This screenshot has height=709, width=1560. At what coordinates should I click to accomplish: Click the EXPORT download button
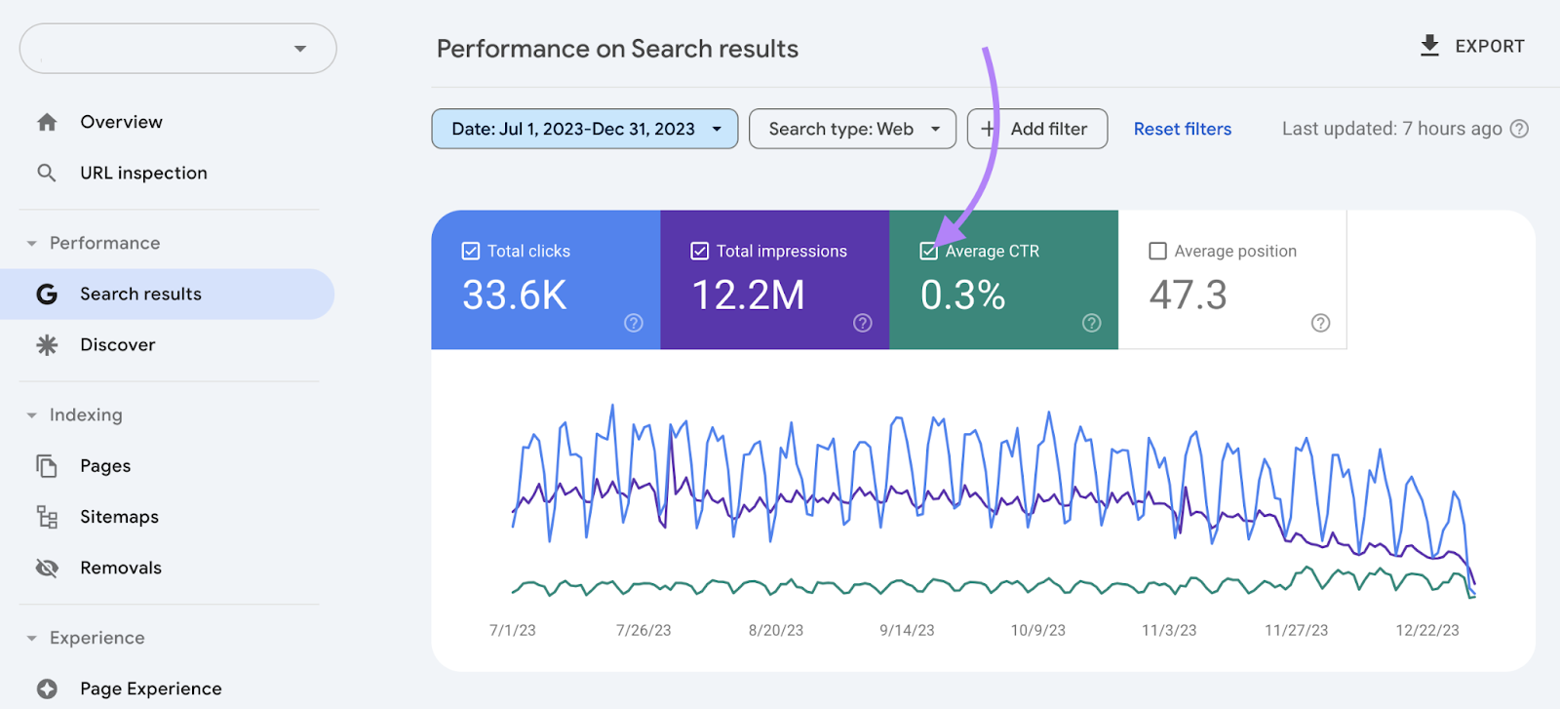(x=1472, y=46)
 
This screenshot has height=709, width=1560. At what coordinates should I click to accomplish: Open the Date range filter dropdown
(x=584, y=129)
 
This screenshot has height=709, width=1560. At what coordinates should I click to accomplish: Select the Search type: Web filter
(x=852, y=129)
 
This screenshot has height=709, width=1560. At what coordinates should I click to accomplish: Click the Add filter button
(x=1036, y=129)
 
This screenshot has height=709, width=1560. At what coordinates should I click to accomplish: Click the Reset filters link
(x=1182, y=129)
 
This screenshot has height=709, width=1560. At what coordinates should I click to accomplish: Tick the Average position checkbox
(x=1157, y=251)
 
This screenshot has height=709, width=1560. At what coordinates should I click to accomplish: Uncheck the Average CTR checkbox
(x=928, y=251)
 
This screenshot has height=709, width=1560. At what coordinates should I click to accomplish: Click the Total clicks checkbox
(x=470, y=251)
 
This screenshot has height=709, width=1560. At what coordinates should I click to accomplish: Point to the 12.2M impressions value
(x=748, y=295)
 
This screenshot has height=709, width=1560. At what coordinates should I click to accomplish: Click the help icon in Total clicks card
(x=634, y=323)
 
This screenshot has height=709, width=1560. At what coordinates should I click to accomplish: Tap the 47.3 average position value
(x=1188, y=295)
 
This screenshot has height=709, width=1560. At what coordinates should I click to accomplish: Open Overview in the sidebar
(x=121, y=122)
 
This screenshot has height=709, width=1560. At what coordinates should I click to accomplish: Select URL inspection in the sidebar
(x=143, y=173)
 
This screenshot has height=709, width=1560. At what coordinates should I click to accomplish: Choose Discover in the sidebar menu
(x=117, y=344)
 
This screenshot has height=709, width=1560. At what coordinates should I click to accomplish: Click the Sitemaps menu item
(x=119, y=517)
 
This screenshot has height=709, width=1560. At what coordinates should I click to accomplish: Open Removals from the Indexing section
(x=121, y=568)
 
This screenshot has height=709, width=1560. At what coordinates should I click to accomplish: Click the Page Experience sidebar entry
(x=150, y=689)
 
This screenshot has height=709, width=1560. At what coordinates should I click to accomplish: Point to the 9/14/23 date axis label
(x=907, y=630)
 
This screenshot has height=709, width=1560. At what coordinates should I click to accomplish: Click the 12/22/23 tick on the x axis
(x=1427, y=630)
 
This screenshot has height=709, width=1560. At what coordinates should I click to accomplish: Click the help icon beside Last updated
(x=1519, y=129)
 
